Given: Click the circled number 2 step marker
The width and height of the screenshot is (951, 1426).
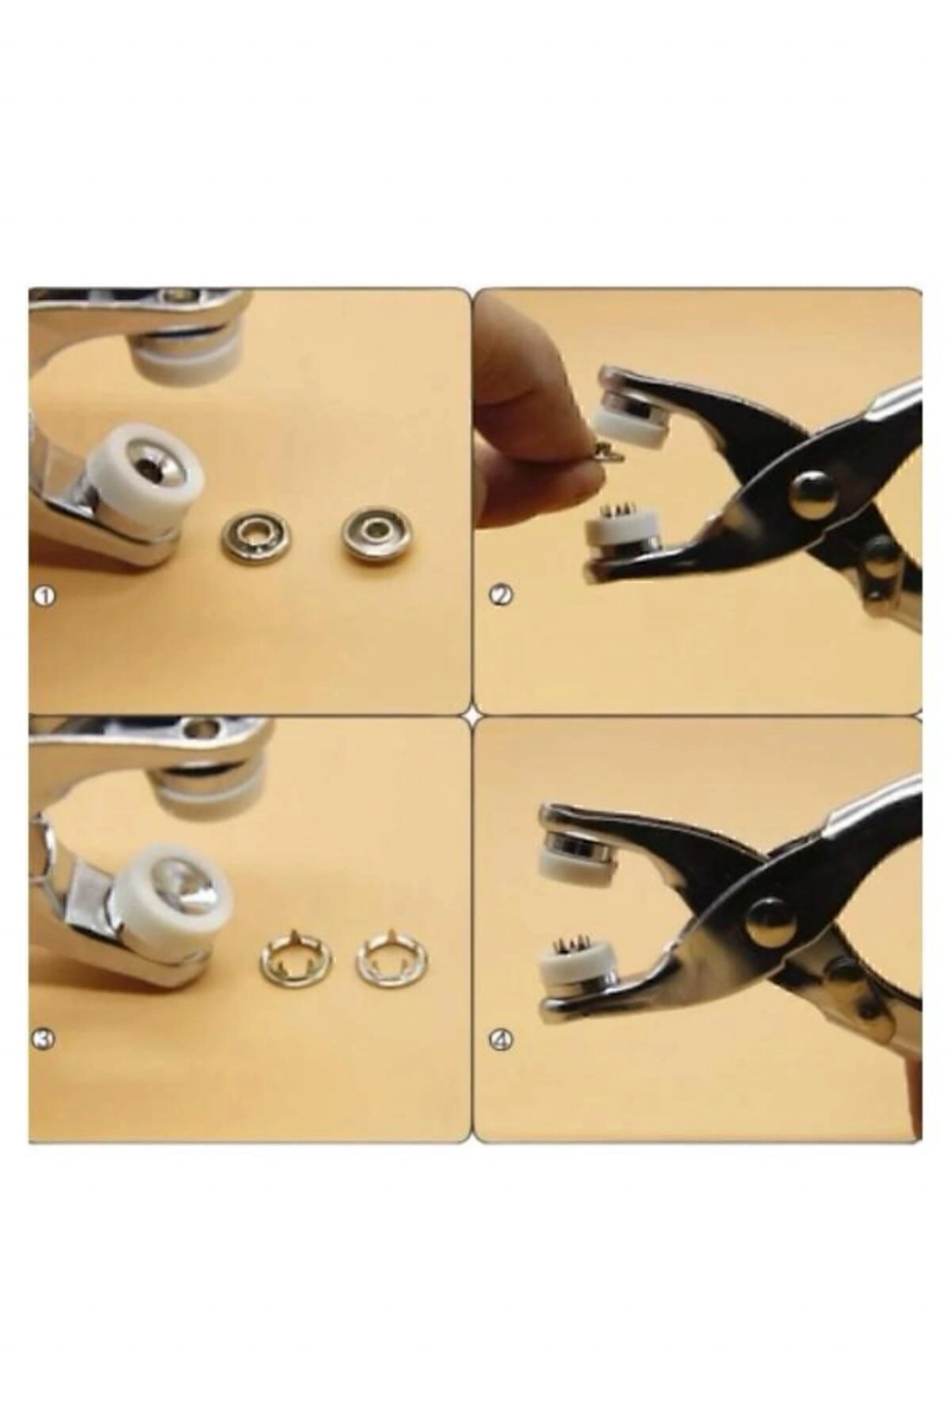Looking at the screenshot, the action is [x=500, y=596].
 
